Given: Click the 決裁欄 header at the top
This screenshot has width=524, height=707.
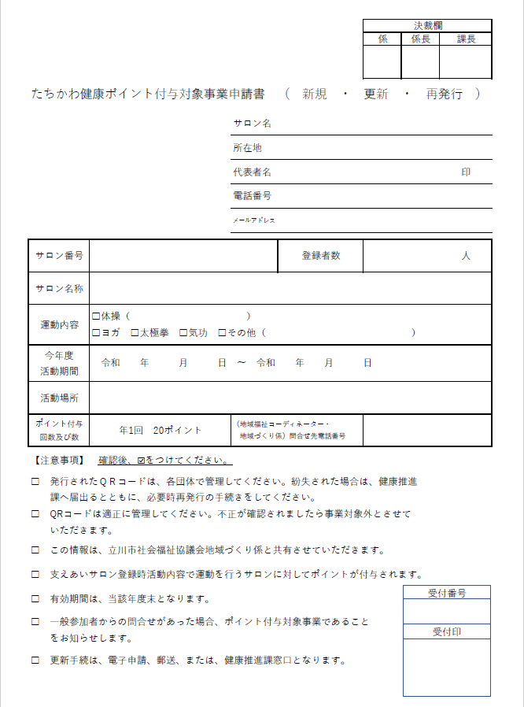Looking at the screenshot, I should point(428,25).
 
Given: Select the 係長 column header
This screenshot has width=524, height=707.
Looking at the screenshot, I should point(420,39).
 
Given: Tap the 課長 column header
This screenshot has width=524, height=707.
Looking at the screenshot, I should point(466,39).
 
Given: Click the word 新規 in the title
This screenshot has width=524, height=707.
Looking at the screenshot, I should point(315,94).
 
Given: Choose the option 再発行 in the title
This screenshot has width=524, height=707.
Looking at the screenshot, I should point(444,94).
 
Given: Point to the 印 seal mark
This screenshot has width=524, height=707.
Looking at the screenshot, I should point(466,172).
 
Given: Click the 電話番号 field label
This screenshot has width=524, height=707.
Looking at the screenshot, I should point(252,195).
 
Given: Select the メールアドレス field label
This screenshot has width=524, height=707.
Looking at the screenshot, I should point(253,220).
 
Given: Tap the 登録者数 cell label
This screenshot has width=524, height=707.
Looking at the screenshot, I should point(321,256).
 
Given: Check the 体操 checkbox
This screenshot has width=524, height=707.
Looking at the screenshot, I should point(96,316).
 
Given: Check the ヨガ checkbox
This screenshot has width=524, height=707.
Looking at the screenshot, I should point(96,333).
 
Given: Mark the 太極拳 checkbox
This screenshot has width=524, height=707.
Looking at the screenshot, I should point(135,333).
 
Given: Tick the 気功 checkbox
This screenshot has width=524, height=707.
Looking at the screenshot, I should point(183,333).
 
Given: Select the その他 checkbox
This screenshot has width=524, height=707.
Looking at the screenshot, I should point(222,333).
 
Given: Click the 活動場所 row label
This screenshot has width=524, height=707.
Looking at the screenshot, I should point(59,398).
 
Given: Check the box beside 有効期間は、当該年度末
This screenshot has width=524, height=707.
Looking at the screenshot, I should point(35,598).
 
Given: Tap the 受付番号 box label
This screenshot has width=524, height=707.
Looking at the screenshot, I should point(446,593).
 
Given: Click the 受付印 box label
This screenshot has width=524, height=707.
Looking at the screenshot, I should point(446,631).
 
